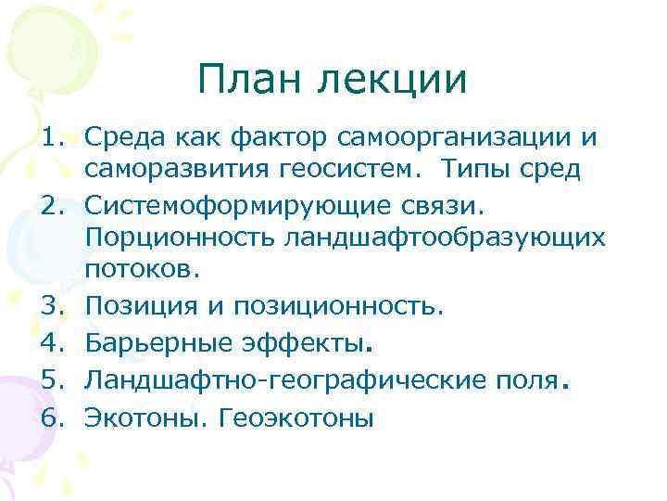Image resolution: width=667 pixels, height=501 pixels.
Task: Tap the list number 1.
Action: [x=52, y=138]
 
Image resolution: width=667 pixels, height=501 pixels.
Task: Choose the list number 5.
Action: [x=52, y=379]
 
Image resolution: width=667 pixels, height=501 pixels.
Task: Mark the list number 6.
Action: [x=52, y=417]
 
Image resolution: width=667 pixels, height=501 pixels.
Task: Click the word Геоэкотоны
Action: [x=296, y=417]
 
